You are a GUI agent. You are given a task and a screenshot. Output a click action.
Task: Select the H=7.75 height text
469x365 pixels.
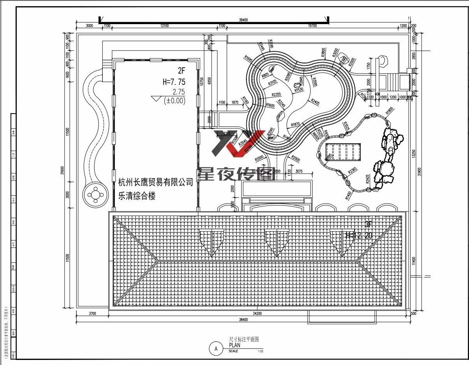tap(174, 82)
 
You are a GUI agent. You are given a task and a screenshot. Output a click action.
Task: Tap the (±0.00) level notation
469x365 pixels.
tap(175, 100)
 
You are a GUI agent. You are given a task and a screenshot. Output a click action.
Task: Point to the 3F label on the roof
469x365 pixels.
tap(369, 224)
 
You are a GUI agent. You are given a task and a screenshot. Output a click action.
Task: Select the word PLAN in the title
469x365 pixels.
tap(235, 345)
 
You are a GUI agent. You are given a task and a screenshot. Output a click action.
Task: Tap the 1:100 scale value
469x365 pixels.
tap(260, 351)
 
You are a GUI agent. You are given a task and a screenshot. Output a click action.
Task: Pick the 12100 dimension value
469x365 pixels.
tap(164, 26)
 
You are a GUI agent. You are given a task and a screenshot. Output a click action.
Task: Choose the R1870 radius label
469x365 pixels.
tap(295, 124)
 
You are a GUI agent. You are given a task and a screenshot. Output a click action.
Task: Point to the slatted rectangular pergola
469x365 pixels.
tap(343, 152)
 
